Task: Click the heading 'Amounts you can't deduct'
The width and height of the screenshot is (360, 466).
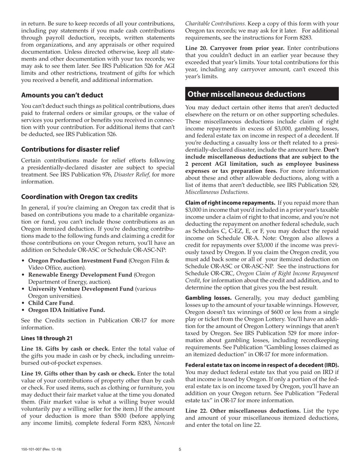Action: click(62, 95)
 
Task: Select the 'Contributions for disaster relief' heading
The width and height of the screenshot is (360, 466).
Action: click(70, 149)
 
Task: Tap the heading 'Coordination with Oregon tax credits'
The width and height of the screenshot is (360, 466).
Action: click(79, 197)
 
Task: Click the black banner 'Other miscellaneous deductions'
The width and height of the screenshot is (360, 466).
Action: click(261, 94)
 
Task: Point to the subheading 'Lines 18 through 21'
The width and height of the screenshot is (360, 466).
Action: click(47, 338)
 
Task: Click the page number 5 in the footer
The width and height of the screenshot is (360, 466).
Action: click(180, 449)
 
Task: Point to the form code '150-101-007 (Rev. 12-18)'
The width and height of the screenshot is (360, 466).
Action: click(41, 449)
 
